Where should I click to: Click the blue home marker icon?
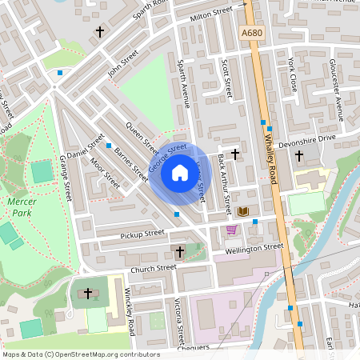[x=179, y=173]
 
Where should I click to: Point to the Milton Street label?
[x=211, y=14]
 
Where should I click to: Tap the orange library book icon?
[x=244, y=211]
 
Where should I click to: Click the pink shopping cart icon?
[x=232, y=230]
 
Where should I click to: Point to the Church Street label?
[x=153, y=269]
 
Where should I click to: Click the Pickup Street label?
[x=142, y=234]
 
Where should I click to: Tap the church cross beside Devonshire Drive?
[x=299, y=154]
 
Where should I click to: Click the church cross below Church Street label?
[x=179, y=252]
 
